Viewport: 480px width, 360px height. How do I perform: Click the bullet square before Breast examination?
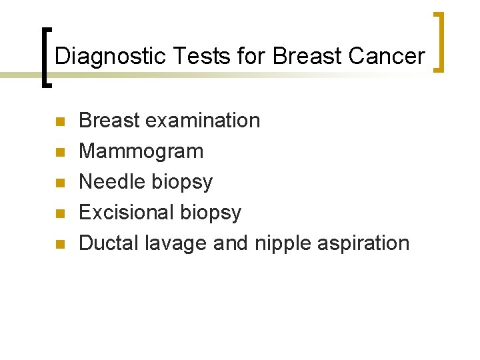pyautogui.click(x=59, y=122)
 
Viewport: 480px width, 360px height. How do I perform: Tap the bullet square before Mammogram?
pyautogui.click(x=59, y=153)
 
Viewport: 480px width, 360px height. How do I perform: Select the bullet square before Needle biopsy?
pyautogui.click(x=59, y=183)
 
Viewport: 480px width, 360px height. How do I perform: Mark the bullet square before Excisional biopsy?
pyautogui.click(x=59, y=214)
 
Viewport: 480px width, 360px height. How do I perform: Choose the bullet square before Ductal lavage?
pyautogui.click(x=59, y=245)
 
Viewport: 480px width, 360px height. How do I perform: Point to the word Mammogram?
pyautogui.click(x=141, y=152)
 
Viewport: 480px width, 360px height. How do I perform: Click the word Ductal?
pyautogui.click(x=109, y=243)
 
